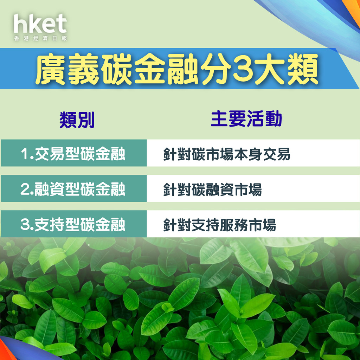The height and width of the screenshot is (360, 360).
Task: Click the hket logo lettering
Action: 40,24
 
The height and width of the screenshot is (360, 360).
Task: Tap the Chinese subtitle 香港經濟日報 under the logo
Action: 40,38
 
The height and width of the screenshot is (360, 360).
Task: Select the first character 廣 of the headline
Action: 51,69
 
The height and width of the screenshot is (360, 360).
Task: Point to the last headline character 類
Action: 303,69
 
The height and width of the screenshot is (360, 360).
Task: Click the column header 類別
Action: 77,120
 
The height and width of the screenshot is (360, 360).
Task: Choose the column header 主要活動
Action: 246,118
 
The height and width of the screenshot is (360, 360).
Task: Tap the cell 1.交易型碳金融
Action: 73,153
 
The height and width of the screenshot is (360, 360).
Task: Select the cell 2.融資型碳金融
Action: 73,189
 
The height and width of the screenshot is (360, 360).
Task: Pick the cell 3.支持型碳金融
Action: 73,224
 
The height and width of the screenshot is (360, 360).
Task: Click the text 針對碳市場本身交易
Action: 227,154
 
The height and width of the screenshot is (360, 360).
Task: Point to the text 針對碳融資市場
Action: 213,189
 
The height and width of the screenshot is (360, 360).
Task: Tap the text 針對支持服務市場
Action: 220,225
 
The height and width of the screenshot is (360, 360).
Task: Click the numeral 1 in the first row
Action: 25,154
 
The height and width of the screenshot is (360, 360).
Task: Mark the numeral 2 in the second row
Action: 25,189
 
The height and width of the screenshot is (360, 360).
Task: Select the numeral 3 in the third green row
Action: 25,225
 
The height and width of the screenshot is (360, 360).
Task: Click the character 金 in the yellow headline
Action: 150,69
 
